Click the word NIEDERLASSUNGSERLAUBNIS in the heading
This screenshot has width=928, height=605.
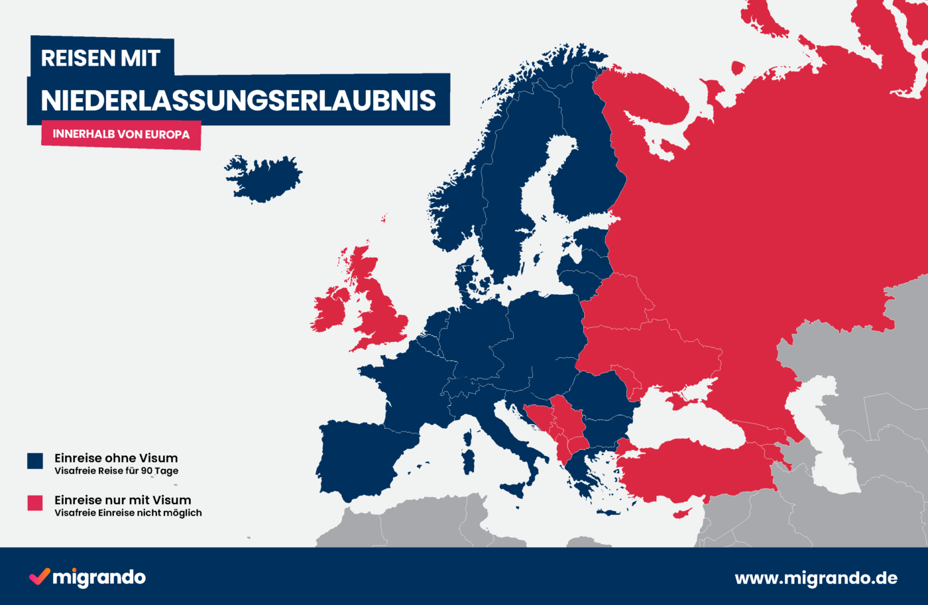[239, 100]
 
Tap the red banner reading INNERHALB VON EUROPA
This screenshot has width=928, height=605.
[121, 135]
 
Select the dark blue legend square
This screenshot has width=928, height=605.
[35, 461]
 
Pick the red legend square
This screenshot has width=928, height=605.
[35, 503]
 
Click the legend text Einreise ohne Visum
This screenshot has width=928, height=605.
[116, 458]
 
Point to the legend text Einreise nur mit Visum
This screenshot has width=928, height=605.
[123, 500]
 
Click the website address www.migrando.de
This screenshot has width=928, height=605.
[816, 578]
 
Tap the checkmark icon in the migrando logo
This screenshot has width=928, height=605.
[39, 577]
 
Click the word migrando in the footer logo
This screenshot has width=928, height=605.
[99, 578]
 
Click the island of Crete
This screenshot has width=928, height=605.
[610, 512]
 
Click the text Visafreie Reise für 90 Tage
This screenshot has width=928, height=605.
[116, 471]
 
